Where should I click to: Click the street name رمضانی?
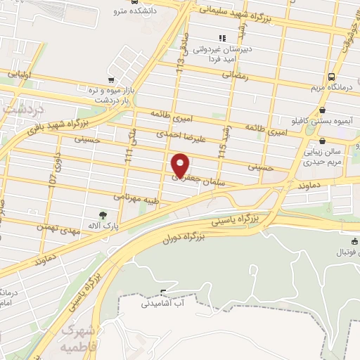coord(237,74)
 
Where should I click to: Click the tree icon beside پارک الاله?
coord(103,214)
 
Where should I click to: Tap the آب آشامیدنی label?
coord(160,304)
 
